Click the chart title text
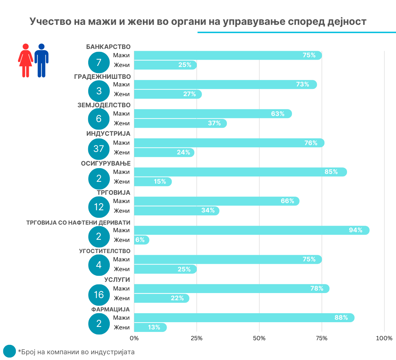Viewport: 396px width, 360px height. coord(198,22)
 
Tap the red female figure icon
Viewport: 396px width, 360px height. coord(26,60)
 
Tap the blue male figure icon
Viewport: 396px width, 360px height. coord(41,60)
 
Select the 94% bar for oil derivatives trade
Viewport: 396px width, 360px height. coord(251,230)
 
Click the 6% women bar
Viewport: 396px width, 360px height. coord(141,240)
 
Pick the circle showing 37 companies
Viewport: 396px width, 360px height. coord(99,148)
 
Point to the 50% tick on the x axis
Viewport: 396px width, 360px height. coord(259,338)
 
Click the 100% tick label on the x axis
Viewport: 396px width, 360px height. coord(384,338)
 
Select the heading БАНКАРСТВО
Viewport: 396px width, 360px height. coord(108,46)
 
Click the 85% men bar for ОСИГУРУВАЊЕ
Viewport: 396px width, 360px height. coord(240,172)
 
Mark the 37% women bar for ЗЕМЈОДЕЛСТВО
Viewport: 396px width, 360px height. coord(180,123)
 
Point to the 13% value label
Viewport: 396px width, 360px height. coord(154,328)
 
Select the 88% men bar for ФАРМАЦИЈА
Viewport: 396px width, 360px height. coord(244,318)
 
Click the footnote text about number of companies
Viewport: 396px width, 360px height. coord(76,352)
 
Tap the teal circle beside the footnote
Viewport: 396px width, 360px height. coord(9,351)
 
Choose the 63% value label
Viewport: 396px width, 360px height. coord(278,114)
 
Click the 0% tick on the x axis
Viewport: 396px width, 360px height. coord(134,338)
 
